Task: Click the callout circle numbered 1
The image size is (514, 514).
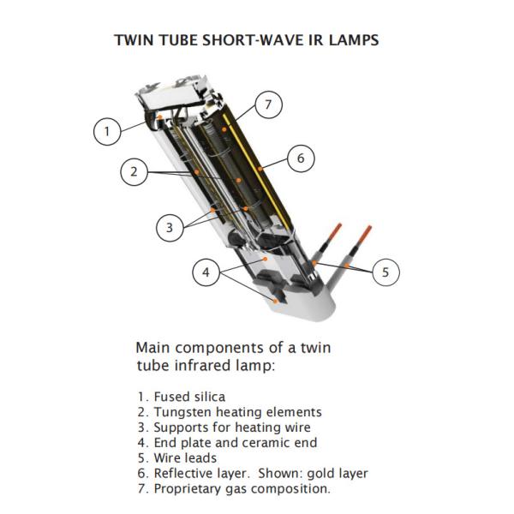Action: point(106,131)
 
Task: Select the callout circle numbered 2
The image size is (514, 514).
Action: point(134,171)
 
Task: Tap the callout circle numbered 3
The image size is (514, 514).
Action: point(170,227)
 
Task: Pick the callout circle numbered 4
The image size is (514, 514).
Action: point(206,273)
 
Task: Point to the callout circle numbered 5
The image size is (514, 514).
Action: point(385,272)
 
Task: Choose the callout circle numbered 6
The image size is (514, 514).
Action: point(301,158)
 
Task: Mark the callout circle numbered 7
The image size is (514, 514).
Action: point(268,105)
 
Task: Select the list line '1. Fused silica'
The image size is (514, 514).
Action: point(181,397)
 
